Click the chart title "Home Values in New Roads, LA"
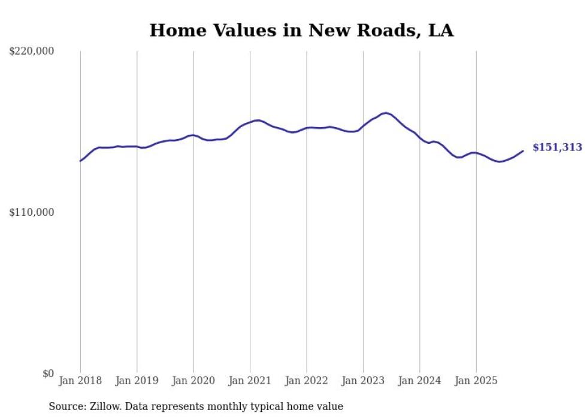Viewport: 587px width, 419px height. click(301, 31)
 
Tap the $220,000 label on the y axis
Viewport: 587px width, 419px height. click(32, 52)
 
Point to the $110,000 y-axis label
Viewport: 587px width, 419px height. click(32, 212)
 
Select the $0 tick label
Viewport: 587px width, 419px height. click(48, 373)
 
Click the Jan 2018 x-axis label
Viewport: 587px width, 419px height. click(80, 381)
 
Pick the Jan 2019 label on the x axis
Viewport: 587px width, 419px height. click(137, 381)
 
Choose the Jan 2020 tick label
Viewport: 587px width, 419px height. click(193, 381)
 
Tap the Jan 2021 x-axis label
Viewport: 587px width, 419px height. click(250, 381)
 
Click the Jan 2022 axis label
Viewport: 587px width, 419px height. click(307, 381)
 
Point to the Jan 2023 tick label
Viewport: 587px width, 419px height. click(363, 381)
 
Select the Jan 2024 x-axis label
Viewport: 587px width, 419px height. click(420, 381)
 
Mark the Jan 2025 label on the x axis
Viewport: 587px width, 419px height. click(476, 381)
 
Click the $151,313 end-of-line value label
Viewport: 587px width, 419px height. click(556, 147)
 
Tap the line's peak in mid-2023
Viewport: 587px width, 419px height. click(386, 113)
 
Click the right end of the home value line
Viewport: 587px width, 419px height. click(523, 151)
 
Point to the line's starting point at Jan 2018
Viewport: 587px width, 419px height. click(80, 161)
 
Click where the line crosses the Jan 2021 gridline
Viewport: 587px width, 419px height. click(250, 122)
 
